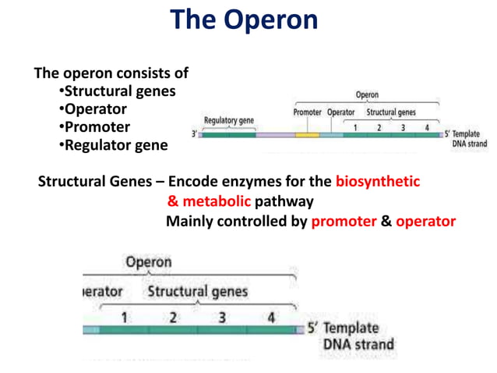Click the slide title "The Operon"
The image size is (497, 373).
244,20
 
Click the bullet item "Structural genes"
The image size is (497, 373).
118,91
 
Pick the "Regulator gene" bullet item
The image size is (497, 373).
113,145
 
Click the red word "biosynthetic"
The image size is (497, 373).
377,182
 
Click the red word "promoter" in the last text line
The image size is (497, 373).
344,221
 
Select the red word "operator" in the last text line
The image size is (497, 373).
425,221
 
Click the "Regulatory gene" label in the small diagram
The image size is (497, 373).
229,120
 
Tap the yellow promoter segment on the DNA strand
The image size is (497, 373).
307,135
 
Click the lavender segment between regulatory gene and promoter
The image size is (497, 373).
275,135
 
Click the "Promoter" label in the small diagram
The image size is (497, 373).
307,112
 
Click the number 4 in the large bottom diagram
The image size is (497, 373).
270,318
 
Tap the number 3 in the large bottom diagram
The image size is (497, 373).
222,318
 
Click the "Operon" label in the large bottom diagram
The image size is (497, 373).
148,261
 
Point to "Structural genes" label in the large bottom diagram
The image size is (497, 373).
198,292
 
